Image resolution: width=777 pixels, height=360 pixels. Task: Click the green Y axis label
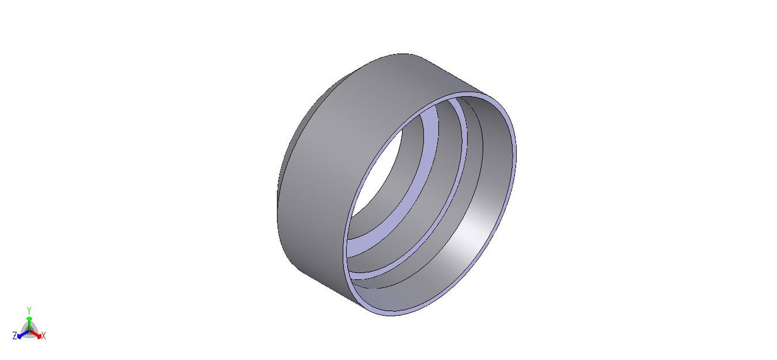coord(29,310)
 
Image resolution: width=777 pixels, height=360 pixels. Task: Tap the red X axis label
coord(44,336)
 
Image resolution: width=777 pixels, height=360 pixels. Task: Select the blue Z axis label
coord(14,336)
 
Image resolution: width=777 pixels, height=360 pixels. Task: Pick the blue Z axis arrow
coord(21,334)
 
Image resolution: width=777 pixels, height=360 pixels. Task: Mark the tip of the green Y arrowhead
coord(29,317)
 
